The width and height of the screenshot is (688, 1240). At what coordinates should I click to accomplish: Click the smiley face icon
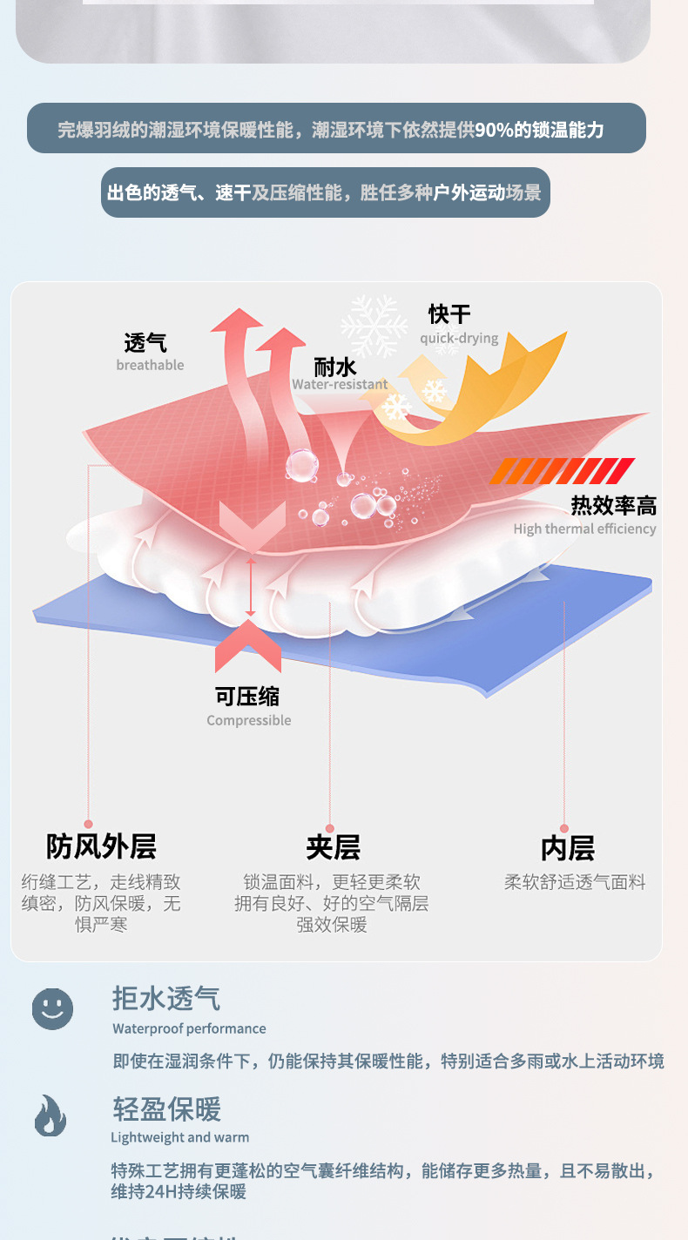point(52,1009)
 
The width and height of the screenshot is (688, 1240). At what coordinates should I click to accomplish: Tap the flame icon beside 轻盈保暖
point(51,1116)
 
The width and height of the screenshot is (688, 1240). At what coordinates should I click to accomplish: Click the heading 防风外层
point(101,846)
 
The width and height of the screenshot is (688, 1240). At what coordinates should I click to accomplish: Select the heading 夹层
point(333,847)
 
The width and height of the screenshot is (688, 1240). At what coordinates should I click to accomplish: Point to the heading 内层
point(567,847)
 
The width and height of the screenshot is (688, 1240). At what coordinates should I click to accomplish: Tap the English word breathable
point(150,365)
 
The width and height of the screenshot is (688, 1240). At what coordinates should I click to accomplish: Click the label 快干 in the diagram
point(449,314)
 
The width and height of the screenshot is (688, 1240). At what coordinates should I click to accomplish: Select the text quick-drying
point(459,338)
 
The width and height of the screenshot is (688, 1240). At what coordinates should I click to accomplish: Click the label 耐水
point(335,367)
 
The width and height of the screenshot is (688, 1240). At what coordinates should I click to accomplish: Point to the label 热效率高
point(613,505)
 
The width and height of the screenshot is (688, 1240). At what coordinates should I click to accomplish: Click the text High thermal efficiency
point(584,529)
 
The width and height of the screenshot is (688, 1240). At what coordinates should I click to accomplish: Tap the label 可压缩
point(248,696)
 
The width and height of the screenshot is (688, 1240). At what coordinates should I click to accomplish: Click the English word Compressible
point(249,720)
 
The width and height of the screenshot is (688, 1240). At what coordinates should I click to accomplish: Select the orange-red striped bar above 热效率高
point(562,471)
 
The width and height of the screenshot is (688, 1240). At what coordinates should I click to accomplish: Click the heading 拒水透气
point(166,999)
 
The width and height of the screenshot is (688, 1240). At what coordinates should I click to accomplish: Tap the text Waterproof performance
point(189,1028)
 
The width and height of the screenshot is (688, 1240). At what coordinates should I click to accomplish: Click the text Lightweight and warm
point(179,1137)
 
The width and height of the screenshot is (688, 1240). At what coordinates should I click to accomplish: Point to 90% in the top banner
point(494,130)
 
